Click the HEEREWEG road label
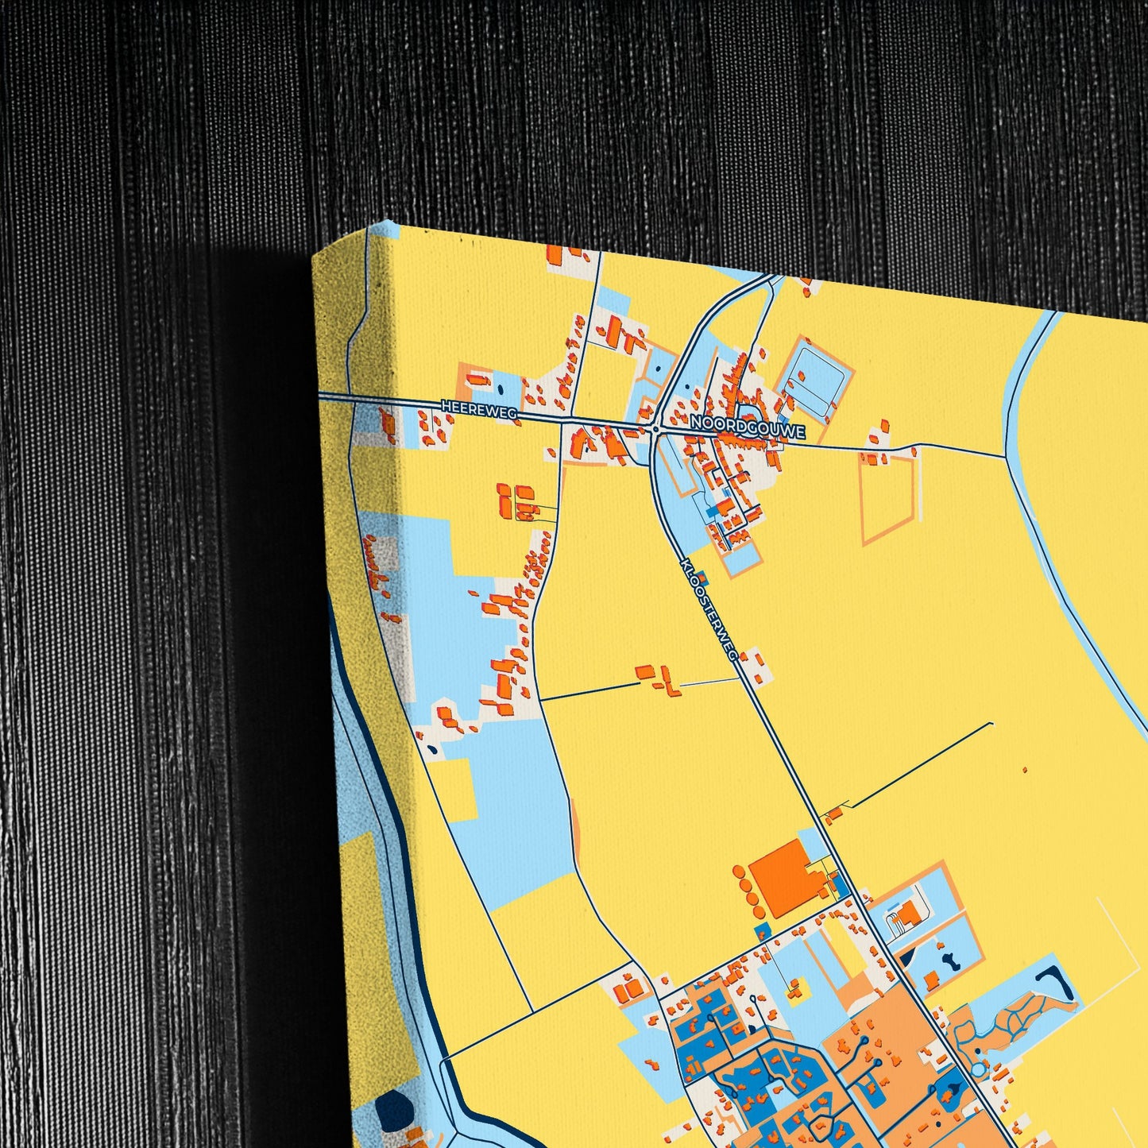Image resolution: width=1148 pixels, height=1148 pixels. tap(478, 408)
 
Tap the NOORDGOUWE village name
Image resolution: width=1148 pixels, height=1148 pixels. tap(748, 427)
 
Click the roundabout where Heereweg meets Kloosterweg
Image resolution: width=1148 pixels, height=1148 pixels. tap(655, 429)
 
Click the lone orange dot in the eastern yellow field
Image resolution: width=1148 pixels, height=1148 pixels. tap(1024, 770)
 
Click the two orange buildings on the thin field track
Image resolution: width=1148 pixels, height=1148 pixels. tap(656, 678)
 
